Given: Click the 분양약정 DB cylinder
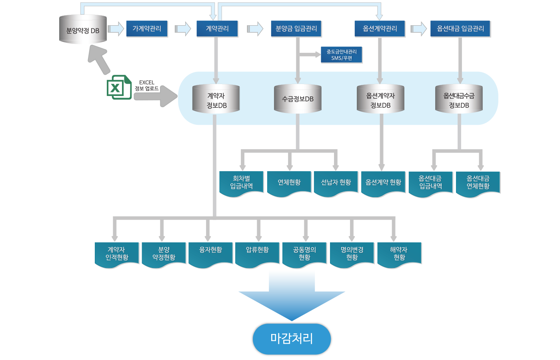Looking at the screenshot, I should point(83,30).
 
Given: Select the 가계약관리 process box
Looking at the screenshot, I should point(147,29).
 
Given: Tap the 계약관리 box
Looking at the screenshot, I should point(217,29).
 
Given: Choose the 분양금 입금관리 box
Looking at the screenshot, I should point(296,29).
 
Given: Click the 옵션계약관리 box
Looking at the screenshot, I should point(380,29).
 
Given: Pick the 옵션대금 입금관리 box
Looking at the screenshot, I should point(460,29).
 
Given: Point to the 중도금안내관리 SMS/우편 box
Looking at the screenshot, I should point(342,55).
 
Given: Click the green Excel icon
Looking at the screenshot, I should point(119,87).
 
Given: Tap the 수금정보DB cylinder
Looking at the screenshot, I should point(298,99).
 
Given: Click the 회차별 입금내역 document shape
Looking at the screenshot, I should point(242,183).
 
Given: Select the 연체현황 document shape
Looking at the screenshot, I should point(289,183).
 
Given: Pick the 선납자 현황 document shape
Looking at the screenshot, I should point(336,183).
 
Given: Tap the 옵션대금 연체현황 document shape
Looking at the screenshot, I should point(478,183).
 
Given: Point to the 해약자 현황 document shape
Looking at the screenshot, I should point(399,254).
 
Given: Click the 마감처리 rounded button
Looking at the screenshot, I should point(292,338).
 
